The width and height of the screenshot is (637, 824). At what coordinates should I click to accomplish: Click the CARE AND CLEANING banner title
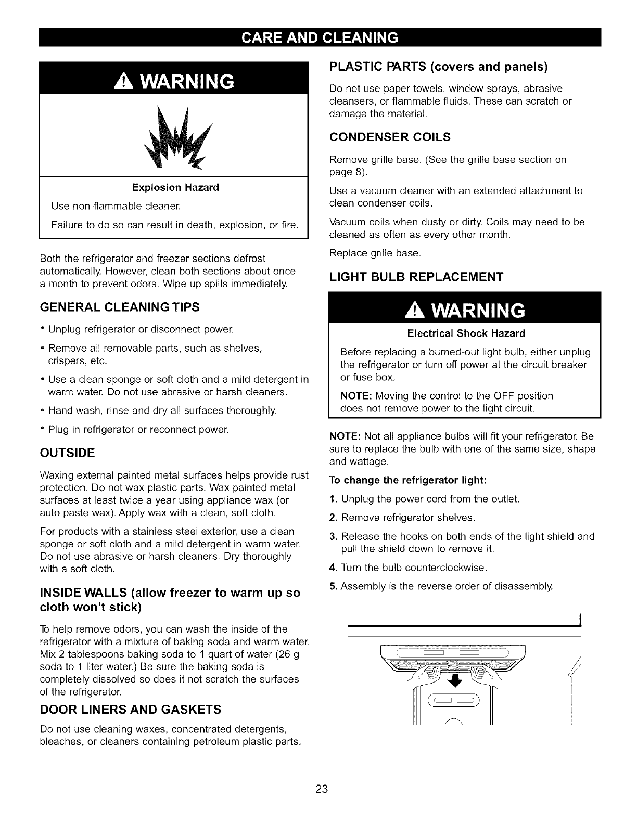point(318,37)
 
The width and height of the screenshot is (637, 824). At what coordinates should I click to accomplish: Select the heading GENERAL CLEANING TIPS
point(120,307)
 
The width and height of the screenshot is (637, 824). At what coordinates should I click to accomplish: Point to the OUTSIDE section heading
point(67,453)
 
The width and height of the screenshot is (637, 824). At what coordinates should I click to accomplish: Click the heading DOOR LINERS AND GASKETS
point(131,710)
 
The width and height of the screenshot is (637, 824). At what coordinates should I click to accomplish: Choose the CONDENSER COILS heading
point(390,137)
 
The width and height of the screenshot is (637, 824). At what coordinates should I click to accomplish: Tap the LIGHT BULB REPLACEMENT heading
point(416,276)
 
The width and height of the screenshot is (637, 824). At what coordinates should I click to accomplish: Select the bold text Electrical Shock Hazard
point(466,333)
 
